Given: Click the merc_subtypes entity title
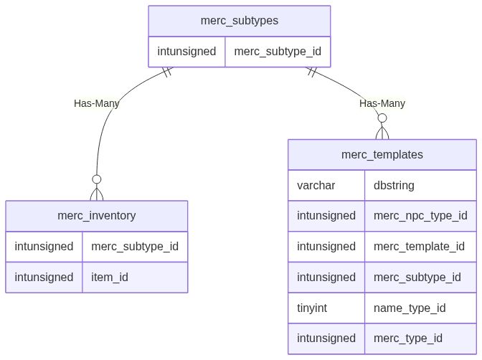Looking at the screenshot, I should point(240,21).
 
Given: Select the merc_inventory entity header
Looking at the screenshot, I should point(97,216).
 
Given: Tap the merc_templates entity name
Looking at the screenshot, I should point(382,154).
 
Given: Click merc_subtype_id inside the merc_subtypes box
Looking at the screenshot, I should point(278,52).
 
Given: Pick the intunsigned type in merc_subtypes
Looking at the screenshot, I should point(186,52).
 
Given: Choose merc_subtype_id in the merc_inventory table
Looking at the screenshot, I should point(134,246).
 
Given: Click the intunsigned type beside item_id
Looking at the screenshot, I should point(44,277).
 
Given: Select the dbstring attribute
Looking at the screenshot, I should point(394,185).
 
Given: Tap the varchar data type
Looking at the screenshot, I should point(316,185).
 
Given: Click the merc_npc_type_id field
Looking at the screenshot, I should point(420,215).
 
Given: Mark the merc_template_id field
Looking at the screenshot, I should point(420,246).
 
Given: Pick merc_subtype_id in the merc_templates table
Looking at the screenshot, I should point(417,277).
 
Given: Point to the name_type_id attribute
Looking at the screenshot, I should point(410,308).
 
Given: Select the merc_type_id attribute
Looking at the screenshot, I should point(408,338).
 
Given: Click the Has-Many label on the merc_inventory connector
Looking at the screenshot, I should point(97,103).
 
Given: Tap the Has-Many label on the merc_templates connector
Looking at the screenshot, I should point(382,103).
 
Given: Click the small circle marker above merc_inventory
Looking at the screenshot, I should point(96,179).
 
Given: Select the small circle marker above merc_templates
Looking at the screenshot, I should point(382,118).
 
